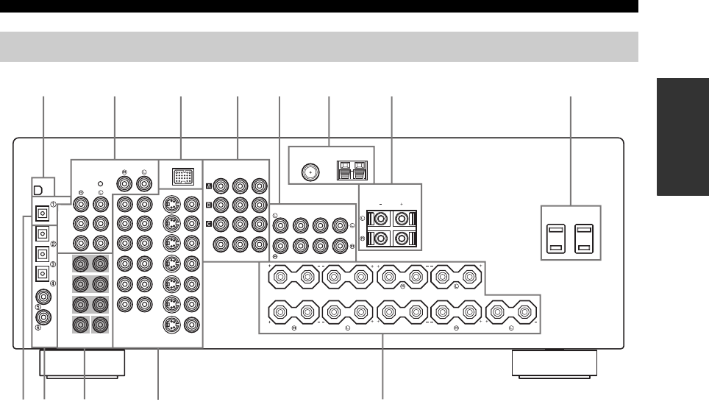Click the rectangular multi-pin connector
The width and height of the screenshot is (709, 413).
click(x=182, y=177)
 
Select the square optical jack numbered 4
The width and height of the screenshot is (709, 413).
click(x=43, y=275)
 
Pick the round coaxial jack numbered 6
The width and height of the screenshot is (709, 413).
click(x=43, y=318)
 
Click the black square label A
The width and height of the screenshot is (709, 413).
click(x=209, y=185)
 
